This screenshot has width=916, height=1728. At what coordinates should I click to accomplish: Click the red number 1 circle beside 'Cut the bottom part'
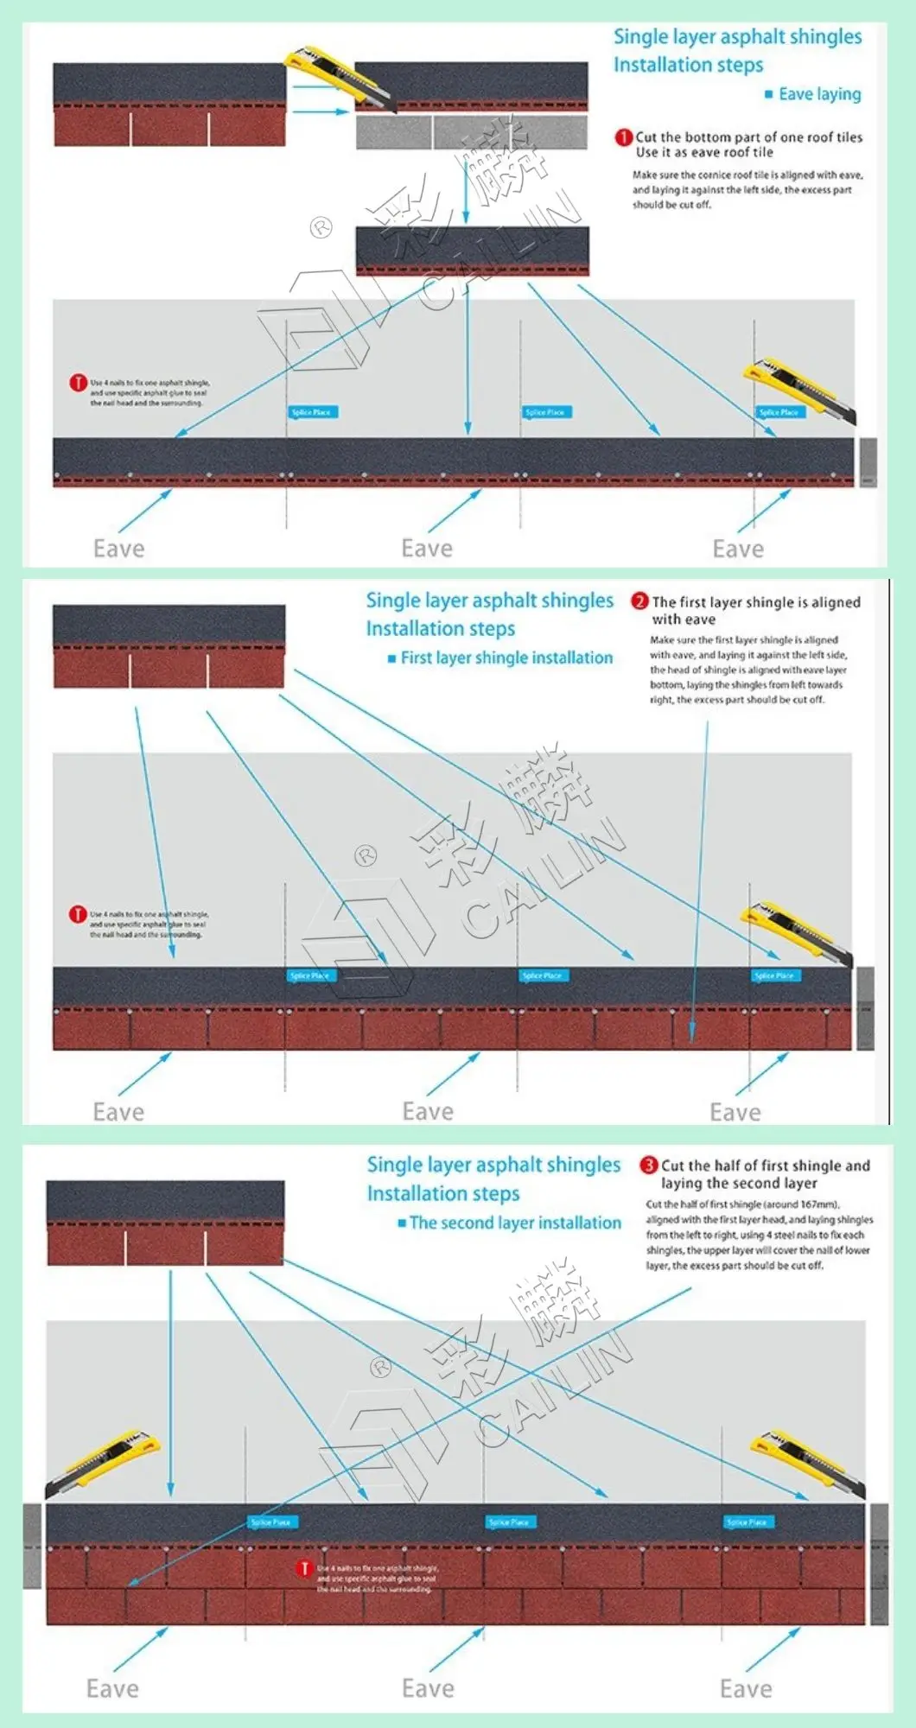click(623, 137)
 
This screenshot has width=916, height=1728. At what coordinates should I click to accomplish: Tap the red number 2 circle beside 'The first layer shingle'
click(639, 601)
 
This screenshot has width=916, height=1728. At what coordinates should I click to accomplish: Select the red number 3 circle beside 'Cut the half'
click(648, 1165)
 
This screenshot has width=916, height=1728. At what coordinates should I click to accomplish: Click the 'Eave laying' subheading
click(819, 94)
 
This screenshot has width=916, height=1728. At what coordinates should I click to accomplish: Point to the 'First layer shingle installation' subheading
click(506, 658)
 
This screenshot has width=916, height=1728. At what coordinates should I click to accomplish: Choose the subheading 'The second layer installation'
click(515, 1223)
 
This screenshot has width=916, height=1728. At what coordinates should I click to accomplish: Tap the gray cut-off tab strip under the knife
click(471, 132)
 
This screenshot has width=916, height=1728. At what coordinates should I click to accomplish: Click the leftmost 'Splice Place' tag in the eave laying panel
click(312, 412)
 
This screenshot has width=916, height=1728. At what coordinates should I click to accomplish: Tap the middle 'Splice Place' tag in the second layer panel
click(508, 1522)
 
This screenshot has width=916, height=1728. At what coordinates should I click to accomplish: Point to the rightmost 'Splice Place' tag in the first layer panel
click(774, 975)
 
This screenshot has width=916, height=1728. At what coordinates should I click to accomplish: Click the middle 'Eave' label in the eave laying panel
click(427, 549)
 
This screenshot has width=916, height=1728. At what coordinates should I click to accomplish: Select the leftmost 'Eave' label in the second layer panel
click(112, 1688)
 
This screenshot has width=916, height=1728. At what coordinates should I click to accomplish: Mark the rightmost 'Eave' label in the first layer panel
click(735, 1112)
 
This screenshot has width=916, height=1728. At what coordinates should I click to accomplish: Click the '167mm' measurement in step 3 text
click(818, 1204)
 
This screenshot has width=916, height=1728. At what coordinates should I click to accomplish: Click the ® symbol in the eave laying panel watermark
click(321, 228)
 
